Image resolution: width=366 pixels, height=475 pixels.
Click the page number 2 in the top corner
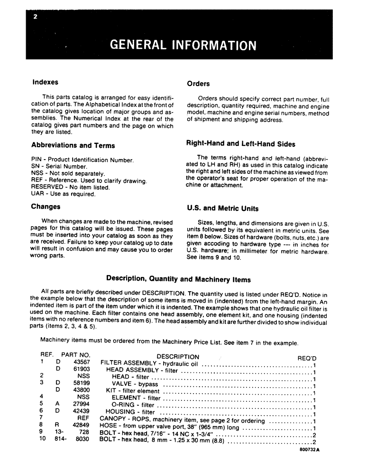coord(35,18)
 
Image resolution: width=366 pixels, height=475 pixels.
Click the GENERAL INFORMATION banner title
coord(183,45)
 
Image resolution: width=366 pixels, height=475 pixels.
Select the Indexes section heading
coord(46,82)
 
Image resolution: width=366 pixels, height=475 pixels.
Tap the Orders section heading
coord(198,84)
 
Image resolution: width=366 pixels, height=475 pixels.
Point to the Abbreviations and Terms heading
coord(73,145)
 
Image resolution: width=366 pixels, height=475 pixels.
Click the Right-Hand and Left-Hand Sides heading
coord(241,144)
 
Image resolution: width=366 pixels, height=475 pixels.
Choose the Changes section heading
coord(46,207)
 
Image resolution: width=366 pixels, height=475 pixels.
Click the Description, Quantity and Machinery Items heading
coord(178,279)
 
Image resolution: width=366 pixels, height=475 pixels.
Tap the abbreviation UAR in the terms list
coord(37,194)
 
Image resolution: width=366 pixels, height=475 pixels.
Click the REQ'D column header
coord(306,358)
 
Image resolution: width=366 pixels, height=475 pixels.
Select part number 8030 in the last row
coord(82,439)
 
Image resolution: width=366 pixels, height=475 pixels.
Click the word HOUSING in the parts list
coord(120,412)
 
